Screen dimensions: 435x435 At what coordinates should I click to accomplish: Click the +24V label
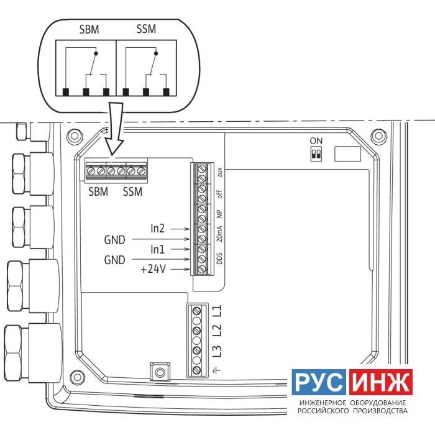tap(153, 269)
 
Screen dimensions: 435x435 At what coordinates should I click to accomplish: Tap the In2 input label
tap(158, 229)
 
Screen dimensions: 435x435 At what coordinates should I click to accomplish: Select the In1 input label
tap(158, 249)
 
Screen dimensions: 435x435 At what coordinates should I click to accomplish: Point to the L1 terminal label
tap(217, 311)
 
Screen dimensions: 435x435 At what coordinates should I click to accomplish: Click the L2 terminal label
tap(217, 330)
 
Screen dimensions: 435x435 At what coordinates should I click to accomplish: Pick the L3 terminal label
tap(217, 350)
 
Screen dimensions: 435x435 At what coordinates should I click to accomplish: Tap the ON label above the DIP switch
tap(316, 141)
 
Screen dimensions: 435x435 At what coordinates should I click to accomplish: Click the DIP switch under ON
tap(316, 154)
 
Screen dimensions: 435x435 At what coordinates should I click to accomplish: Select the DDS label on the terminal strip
tap(219, 259)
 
